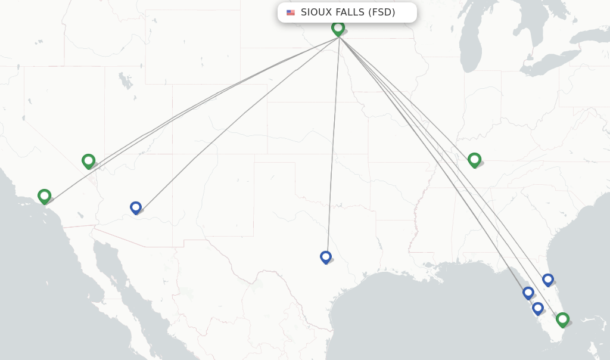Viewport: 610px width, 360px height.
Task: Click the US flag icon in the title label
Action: pos(291,13)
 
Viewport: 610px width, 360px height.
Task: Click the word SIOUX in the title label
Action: pos(316,13)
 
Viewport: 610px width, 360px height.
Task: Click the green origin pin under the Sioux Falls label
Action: pos(338,27)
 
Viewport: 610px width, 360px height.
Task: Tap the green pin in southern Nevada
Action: pos(88,160)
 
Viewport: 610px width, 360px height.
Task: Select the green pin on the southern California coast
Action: pos(44,195)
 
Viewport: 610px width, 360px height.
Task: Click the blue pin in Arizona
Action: pos(136,207)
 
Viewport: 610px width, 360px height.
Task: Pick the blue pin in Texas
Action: pos(325,257)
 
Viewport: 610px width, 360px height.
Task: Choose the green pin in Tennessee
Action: pos(474,159)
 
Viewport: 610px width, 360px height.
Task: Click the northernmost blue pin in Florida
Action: pos(548,280)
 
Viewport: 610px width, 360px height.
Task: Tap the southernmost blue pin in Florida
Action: pos(538,308)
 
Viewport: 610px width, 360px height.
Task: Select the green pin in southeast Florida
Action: pos(562,319)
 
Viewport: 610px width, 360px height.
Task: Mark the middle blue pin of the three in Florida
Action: pos(528,293)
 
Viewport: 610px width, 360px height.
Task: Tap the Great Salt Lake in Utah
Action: pos(125,80)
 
